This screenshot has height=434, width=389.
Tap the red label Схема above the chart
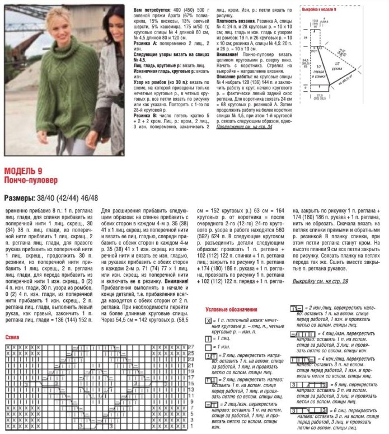pos(12,338)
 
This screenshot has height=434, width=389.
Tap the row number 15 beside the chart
pos(189,384)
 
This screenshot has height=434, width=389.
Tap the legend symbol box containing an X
pos(208,320)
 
